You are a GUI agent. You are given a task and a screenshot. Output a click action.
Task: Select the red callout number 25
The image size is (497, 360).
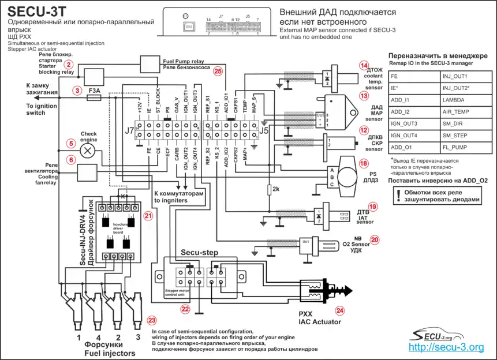tap(218, 71)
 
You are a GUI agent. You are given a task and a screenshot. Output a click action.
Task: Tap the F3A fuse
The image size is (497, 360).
tap(94, 99)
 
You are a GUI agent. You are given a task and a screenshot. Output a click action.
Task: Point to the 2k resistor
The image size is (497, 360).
tap(269, 189)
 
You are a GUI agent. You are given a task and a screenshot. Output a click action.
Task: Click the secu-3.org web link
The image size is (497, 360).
tap(446, 347)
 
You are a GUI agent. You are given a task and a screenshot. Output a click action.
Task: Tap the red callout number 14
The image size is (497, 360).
tap(363, 66)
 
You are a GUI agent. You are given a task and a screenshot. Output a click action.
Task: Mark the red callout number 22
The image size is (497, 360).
tap(185, 309)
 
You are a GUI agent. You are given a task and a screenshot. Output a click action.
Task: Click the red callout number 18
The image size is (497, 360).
tap(363, 163)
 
